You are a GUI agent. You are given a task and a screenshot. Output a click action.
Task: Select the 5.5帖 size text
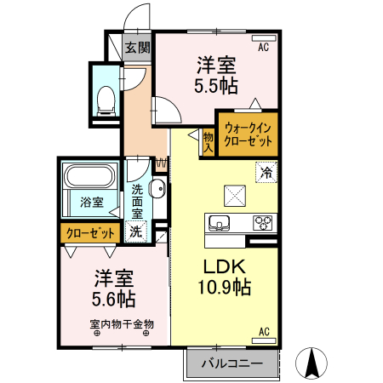(x=215, y=86)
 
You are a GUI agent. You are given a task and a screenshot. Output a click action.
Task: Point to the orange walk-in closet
(x=248, y=134)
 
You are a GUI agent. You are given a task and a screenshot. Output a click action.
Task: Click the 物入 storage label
(x=208, y=141)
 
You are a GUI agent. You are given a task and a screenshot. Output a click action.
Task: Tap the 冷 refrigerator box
(x=267, y=171)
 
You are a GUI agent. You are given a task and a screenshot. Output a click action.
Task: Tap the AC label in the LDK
(x=264, y=331)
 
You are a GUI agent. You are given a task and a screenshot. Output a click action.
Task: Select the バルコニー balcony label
(x=232, y=364)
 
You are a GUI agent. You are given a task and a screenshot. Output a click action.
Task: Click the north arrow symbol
(x=312, y=363)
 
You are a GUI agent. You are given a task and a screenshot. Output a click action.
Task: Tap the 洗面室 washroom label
(x=137, y=203)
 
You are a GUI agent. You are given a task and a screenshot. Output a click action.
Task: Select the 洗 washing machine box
(x=135, y=230)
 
